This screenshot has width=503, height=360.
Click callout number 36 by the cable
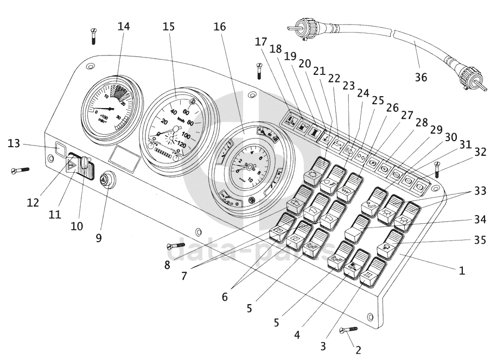[x=421, y=77]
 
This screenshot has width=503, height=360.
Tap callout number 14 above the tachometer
[x=124, y=26]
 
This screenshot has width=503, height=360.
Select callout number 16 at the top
[x=220, y=26]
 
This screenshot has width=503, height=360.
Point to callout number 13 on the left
[x=14, y=143]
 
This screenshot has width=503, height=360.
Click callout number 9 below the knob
[x=98, y=237]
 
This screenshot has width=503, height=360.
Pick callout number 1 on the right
[x=462, y=270]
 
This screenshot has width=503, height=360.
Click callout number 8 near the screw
[x=167, y=265]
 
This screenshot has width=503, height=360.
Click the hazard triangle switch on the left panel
[x=72, y=166]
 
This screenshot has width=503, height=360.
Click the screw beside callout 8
[x=177, y=246]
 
